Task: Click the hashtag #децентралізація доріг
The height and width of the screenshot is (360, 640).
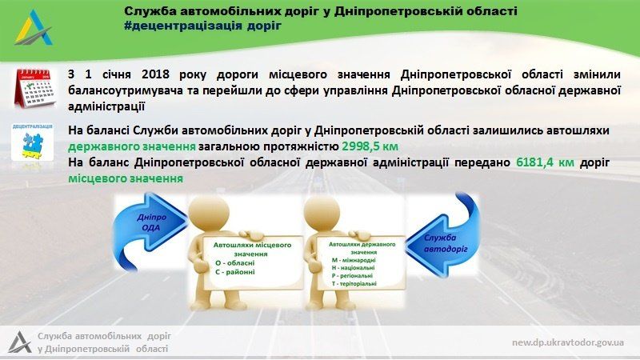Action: (x=203, y=26)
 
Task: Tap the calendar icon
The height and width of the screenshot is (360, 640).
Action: (x=33, y=87)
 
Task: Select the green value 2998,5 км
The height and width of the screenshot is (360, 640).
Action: (x=370, y=146)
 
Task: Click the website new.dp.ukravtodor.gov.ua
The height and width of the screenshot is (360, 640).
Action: (x=568, y=342)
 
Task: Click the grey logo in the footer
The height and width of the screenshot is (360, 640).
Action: (x=20, y=342)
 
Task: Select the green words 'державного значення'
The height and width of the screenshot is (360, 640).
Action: (x=132, y=146)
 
